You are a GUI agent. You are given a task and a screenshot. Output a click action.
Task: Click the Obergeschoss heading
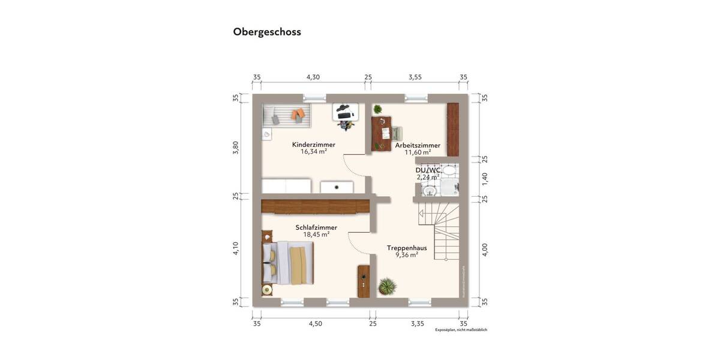(x=267, y=32)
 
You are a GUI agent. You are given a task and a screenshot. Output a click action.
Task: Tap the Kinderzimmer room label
(x=313, y=145)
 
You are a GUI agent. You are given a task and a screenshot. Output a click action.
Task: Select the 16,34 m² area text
(x=313, y=152)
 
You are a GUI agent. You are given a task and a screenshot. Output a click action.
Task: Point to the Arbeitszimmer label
(x=418, y=145)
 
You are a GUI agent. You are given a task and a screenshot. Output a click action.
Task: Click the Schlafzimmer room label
(x=316, y=227)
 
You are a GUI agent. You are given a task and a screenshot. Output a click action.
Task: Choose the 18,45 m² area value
(x=316, y=235)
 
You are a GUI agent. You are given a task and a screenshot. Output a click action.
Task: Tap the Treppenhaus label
(x=407, y=247)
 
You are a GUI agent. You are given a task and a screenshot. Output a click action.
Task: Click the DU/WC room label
(x=428, y=170)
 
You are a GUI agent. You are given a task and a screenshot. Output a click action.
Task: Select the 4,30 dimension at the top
(x=313, y=77)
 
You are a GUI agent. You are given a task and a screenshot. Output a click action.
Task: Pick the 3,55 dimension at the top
(x=415, y=77)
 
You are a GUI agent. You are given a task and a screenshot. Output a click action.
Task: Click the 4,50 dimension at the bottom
(x=315, y=323)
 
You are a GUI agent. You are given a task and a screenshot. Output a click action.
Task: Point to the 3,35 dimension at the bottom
(x=418, y=323)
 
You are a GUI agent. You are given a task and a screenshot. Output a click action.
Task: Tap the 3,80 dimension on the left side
(x=236, y=148)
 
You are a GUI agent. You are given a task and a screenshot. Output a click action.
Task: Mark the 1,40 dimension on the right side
(x=485, y=178)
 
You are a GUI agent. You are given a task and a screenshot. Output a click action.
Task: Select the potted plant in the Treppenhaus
(x=388, y=286)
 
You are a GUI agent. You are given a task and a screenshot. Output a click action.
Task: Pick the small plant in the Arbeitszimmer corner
(x=377, y=109)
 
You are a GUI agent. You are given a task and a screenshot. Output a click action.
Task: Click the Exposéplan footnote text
(x=461, y=330)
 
